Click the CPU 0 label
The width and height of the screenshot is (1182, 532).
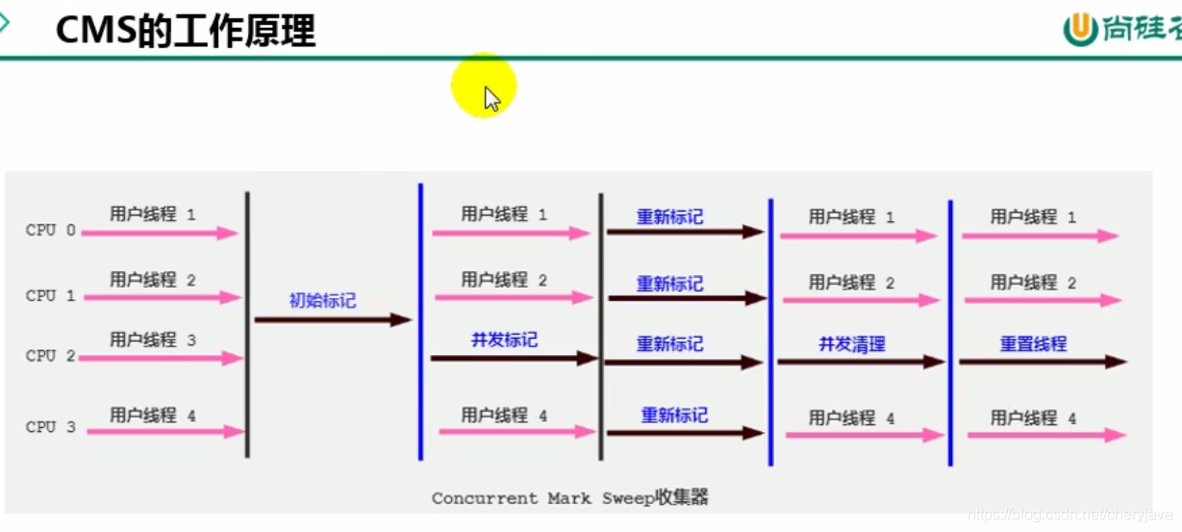[50, 231]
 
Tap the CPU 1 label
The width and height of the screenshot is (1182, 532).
[50, 296]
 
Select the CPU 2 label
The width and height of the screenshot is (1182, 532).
[50, 356]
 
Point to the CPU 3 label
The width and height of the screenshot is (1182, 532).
[50, 427]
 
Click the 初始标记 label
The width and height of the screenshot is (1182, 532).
[322, 301]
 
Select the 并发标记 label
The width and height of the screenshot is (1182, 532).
[504, 340]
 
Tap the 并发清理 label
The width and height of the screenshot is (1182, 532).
[851, 343]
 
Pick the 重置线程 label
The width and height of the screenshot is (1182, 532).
[1033, 343]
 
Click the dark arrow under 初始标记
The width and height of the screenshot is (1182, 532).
[333, 320]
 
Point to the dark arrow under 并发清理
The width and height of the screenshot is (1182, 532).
[861, 362]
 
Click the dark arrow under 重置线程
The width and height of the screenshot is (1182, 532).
[1043, 362]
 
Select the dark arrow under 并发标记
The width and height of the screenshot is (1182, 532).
[515, 358]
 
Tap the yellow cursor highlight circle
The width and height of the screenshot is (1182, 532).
[484, 87]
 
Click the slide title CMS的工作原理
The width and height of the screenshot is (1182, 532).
[186, 31]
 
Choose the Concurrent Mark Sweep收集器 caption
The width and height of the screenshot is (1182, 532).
[569, 497]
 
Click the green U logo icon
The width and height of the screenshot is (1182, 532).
[1080, 30]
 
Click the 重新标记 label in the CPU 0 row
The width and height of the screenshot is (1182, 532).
[669, 216]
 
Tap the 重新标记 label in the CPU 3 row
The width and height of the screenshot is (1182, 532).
[674, 416]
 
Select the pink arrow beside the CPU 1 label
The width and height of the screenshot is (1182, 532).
[162, 298]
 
